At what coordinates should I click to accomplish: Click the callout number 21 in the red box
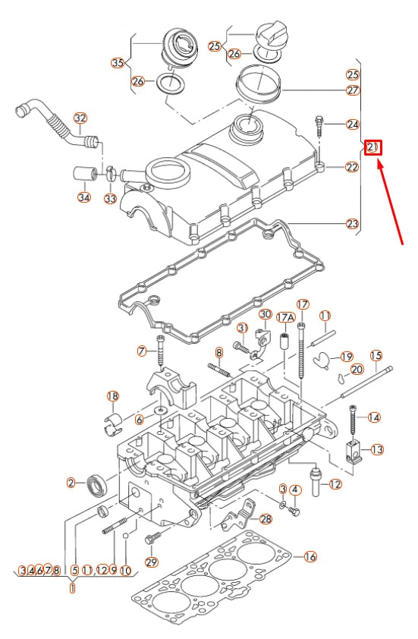tap(372, 147)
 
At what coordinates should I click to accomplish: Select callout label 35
tap(118, 62)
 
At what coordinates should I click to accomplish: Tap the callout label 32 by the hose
tap(80, 118)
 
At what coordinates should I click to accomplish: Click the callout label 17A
tap(285, 316)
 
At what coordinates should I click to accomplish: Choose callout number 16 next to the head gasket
tap(310, 556)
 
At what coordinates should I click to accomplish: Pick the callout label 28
tap(265, 518)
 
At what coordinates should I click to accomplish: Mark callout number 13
tap(376, 449)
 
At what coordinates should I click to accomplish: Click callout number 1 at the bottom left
tap(73, 587)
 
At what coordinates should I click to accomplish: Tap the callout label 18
tap(113, 396)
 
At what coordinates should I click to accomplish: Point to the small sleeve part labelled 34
tap(83, 174)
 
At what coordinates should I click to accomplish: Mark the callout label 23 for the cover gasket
tap(352, 224)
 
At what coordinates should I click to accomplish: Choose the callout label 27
tap(352, 90)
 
